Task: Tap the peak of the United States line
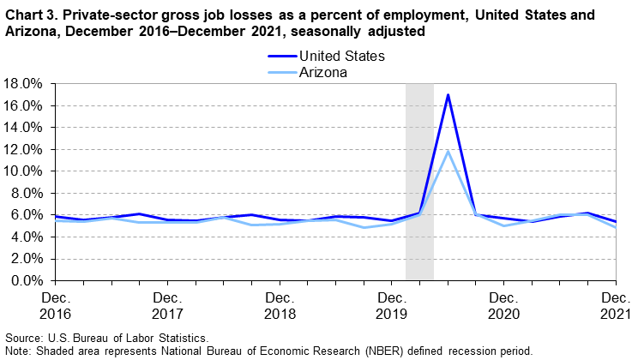[448, 94]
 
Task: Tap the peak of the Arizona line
[448, 151]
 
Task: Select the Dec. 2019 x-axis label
[391, 306]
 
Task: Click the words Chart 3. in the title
[30, 15]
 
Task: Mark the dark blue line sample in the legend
[280, 57]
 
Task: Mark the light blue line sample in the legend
[280, 73]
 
